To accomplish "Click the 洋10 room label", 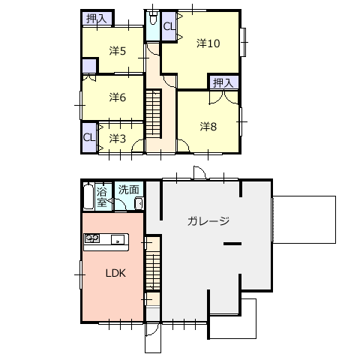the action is coord(208,43).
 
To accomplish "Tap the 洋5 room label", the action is coord(118,51).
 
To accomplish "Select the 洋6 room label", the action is coord(118,97).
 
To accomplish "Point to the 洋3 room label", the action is coord(118,139).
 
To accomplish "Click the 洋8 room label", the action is coord(208,127).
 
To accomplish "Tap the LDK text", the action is coord(115,273).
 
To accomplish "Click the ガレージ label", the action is coord(208,221).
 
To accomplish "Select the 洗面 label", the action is coord(129,190).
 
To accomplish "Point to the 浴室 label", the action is coord(102,197).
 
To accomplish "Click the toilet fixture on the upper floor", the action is coord(153,17).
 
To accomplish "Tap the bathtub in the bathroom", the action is coord(88,196).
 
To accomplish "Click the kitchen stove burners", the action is coord(91,238).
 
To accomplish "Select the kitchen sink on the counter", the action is coord(118,239).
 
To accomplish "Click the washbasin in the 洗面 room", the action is coord(139,203).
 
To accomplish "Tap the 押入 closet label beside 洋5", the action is coord(96,19).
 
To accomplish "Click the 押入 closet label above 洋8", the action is coord(223,82).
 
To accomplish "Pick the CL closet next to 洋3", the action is coord(89,137).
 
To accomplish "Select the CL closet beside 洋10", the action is coord(169,26).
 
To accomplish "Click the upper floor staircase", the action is coord(153,114).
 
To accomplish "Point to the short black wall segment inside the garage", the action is coord(232,244).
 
